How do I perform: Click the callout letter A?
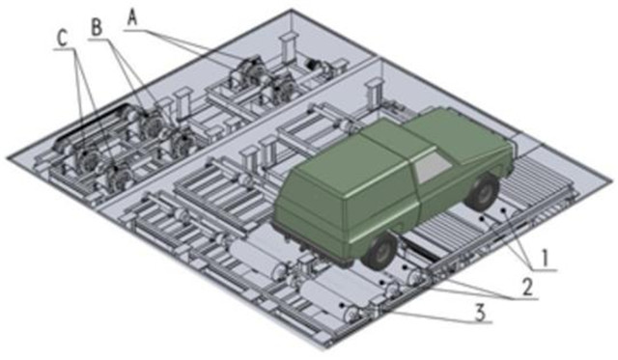133,18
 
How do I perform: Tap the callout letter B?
97,28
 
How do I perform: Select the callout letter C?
63,39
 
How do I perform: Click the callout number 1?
545,259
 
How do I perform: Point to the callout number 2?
527,288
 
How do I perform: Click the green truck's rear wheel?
380,251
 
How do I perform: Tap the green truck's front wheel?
483,191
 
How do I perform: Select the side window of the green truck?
433,167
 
